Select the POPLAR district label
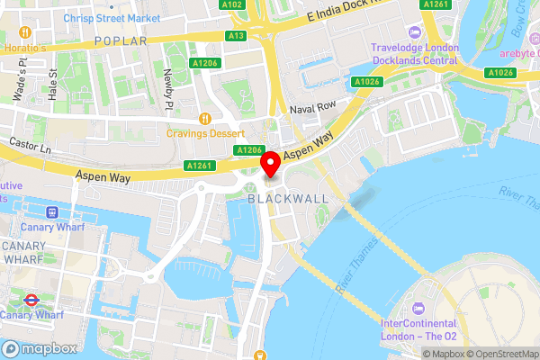[x=121, y=41]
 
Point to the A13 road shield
[x=237, y=35]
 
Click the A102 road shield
[x=233, y=4]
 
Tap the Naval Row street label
[x=311, y=109]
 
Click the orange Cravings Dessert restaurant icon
[x=206, y=118]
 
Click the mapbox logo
[x=38, y=347]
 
